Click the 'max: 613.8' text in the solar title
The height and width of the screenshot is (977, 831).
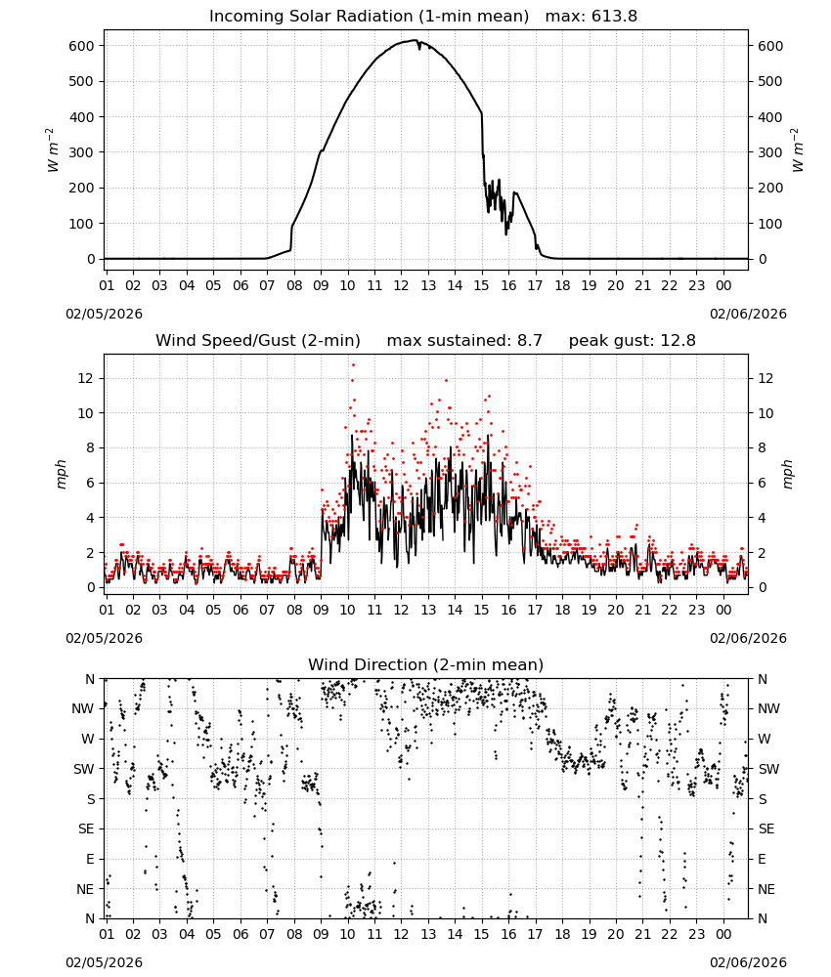point(591,17)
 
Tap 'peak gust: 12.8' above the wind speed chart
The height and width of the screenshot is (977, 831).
point(632,341)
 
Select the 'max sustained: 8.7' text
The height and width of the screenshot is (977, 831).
point(464,341)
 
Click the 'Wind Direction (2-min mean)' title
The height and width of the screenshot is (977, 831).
point(426,664)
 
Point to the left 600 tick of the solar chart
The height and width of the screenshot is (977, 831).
point(82,46)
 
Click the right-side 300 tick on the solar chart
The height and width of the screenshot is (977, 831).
point(770,152)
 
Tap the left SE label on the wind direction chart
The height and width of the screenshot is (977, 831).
point(86,828)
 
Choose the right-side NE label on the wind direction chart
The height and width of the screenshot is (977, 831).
point(766,889)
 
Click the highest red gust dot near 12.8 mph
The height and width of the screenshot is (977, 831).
point(353,364)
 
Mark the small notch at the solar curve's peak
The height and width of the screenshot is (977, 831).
point(419,47)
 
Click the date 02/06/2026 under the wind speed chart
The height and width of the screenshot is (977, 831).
point(748,638)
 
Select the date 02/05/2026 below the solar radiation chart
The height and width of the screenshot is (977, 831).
point(104,314)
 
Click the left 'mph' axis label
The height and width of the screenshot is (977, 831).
point(61,475)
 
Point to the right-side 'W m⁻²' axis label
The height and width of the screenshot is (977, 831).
point(798,150)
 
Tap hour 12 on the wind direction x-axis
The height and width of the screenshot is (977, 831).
point(401,934)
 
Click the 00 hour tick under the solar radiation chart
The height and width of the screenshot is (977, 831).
point(723,285)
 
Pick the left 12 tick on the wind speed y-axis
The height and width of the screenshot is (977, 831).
point(86,378)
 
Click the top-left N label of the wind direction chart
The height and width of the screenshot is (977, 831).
point(90,679)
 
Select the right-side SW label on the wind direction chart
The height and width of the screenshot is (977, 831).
point(768,769)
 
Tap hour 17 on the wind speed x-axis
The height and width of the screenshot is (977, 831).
point(535,610)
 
